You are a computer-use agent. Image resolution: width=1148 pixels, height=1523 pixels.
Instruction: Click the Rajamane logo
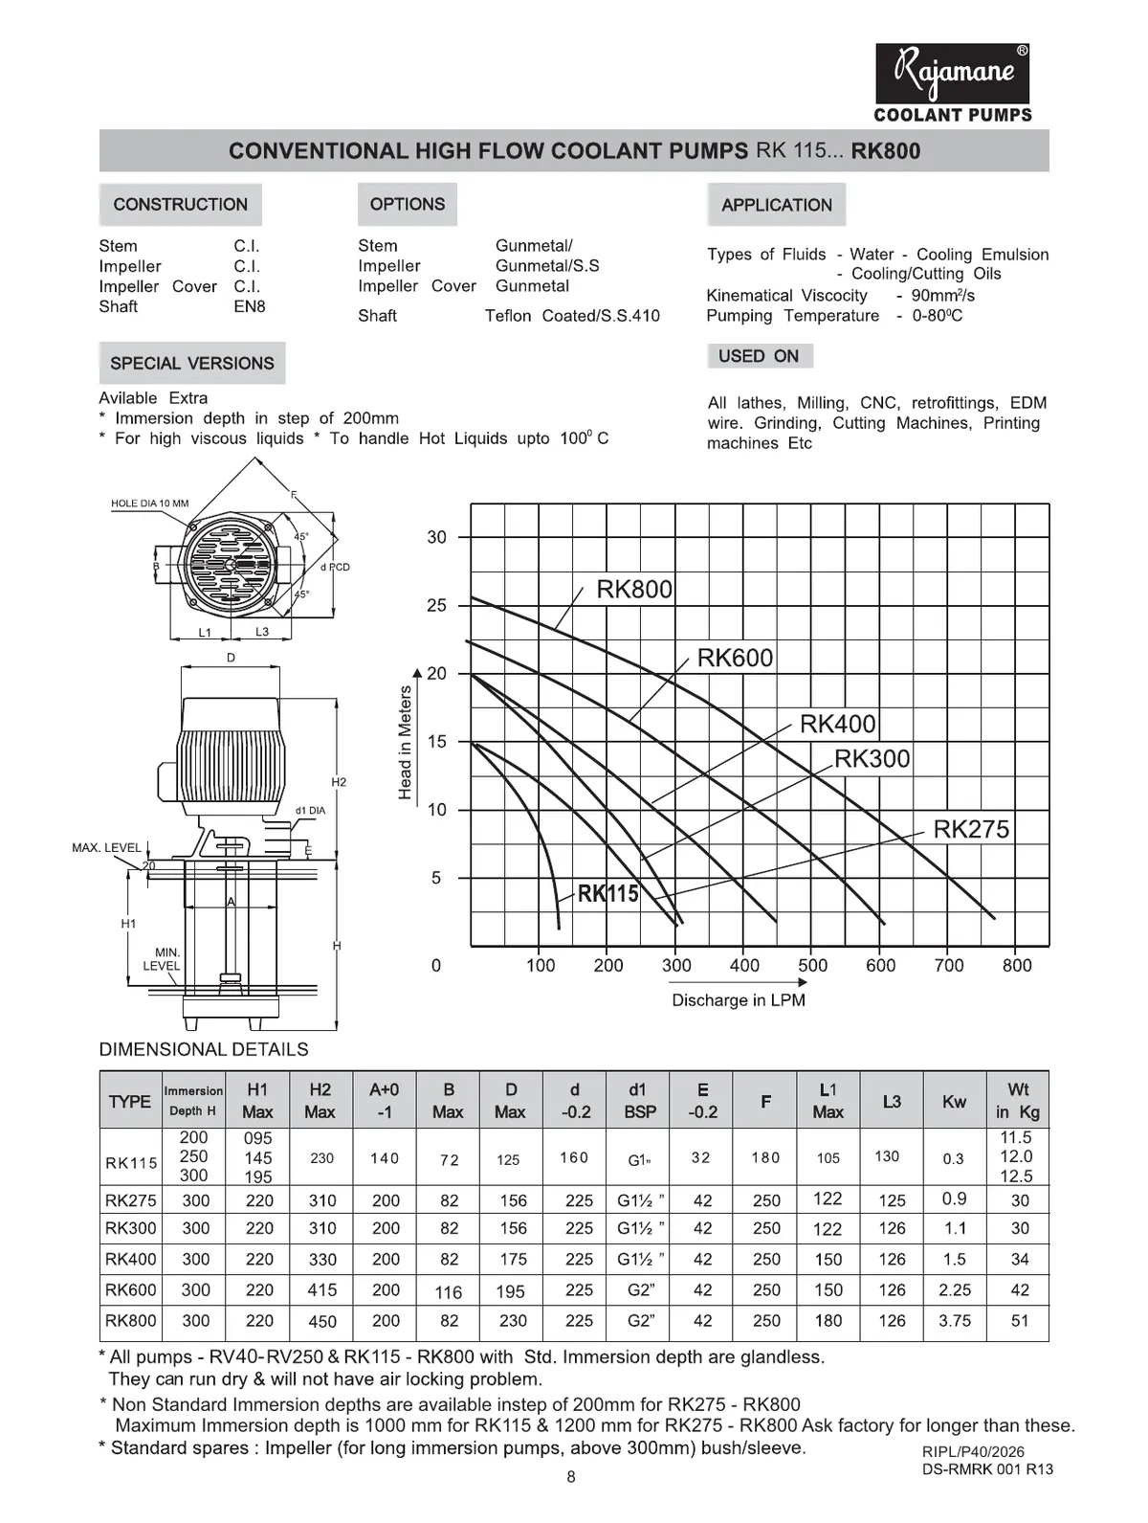[x=953, y=75]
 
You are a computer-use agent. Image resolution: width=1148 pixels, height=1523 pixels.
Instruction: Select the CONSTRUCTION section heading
[x=180, y=205]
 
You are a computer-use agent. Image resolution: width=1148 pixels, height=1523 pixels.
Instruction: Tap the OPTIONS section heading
[x=408, y=205]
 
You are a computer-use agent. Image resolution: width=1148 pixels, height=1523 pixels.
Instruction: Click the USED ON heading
[x=759, y=356]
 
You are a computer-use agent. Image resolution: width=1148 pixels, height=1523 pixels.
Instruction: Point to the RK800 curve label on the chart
[x=634, y=590]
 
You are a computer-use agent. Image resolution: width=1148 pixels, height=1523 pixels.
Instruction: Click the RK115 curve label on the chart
[x=608, y=894]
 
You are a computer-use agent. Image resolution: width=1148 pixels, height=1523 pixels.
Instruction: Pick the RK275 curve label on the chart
[x=971, y=829]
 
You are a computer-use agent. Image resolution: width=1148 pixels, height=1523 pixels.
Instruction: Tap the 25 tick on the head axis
[x=436, y=606]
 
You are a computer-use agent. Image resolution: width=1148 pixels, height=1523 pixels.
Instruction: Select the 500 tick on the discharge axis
[x=813, y=966]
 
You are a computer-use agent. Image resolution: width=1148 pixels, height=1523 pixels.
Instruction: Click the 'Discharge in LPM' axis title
[x=739, y=1000]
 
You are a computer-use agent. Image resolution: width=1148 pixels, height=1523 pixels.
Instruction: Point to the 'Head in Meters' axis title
[x=406, y=743]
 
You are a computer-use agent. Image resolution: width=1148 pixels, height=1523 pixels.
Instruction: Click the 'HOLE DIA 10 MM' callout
[x=150, y=504]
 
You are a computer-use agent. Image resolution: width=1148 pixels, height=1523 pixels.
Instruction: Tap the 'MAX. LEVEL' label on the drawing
[x=106, y=848]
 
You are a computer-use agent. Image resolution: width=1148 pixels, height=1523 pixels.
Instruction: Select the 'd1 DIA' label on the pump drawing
[x=310, y=811]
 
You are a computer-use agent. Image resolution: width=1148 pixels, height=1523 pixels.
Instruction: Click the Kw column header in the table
[x=954, y=1102]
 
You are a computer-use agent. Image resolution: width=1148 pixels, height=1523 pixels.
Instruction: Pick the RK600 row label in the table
[x=131, y=1290]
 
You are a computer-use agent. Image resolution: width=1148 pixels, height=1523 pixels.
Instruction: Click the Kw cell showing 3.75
[x=955, y=1321]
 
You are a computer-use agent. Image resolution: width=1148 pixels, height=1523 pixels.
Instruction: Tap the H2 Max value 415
[x=322, y=1290]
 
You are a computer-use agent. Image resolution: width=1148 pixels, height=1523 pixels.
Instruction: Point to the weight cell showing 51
[x=1020, y=1321]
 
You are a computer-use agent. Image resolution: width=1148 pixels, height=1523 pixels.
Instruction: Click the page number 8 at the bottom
[x=571, y=1477]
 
